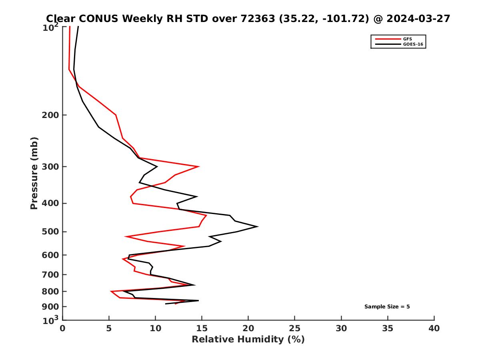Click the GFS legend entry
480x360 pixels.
(407, 39)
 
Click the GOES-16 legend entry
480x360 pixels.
(413, 44)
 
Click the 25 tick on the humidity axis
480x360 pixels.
(295, 328)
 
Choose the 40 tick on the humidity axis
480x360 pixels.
(434, 328)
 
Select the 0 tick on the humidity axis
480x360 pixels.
(62, 328)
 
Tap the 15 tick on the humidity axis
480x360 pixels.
(202, 328)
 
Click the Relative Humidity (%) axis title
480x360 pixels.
(248, 340)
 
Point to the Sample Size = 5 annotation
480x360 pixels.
(387, 307)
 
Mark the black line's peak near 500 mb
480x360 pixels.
(258, 226)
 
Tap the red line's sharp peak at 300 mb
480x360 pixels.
(199, 166)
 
